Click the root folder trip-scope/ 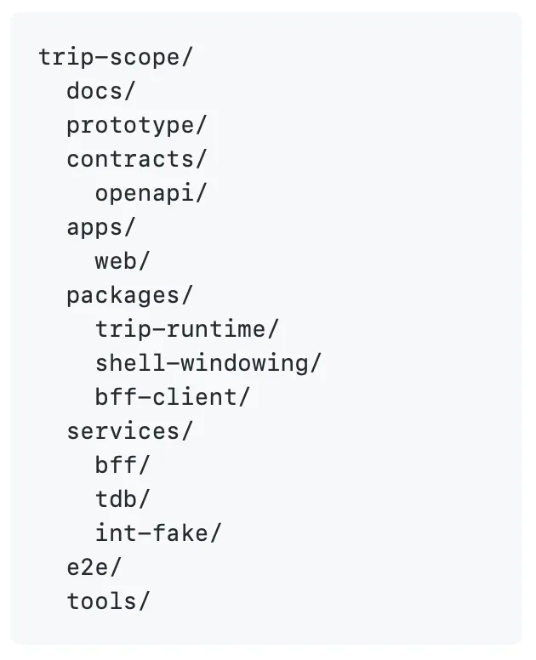click(x=117, y=57)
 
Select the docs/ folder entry click(x=100, y=91)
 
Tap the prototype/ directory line click(x=136, y=125)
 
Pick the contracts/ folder click(x=136, y=159)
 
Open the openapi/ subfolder click(x=151, y=193)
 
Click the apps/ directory click(x=100, y=227)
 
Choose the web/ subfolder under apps click(x=122, y=261)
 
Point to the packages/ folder click(x=129, y=295)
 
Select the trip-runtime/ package click(x=186, y=329)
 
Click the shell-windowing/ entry click(x=208, y=363)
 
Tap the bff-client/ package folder click(x=173, y=397)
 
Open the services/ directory click(x=129, y=431)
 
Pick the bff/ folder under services click(x=122, y=465)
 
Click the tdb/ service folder click(x=122, y=499)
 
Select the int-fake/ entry click(x=157, y=533)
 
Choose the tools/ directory click(x=108, y=601)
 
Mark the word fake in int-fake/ click(x=185, y=533)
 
